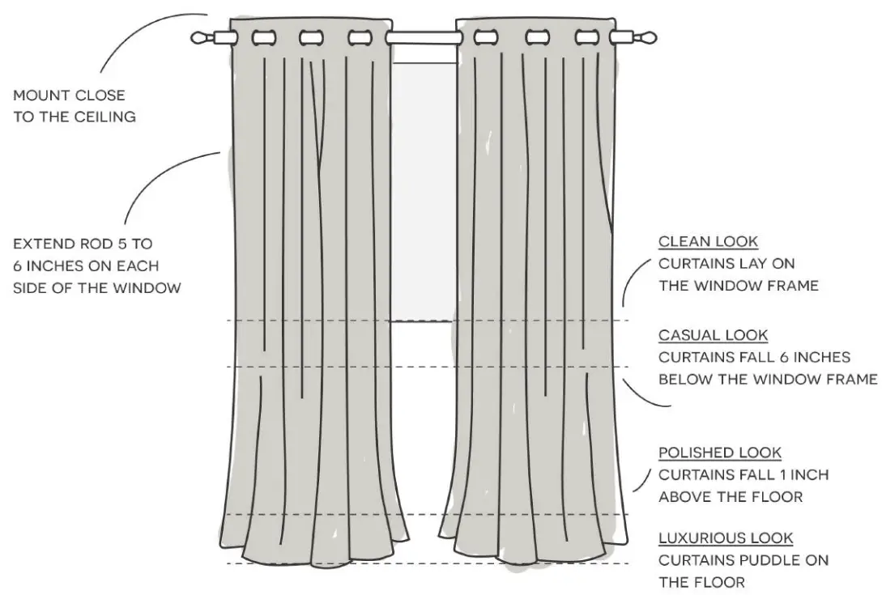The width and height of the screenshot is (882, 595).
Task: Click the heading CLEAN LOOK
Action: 708,241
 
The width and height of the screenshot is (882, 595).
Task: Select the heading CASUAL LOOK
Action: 713,334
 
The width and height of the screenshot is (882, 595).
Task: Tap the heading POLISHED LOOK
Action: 720,453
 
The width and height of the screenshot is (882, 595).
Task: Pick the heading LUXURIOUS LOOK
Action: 726,538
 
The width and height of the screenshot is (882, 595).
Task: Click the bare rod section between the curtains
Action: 421,37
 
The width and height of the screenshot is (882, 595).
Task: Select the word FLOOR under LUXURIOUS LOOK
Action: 714,581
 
